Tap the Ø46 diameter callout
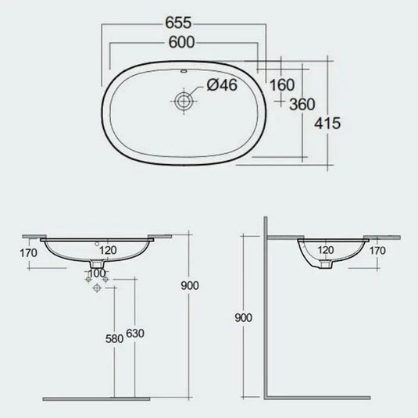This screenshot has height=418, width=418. click(x=220, y=88)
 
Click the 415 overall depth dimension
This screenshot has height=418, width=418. click(x=332, y=123)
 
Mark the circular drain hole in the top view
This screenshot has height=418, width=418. click(x=184, y=100)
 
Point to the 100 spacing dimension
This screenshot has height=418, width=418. click(x=95, y=273)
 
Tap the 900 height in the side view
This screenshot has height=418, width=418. click(x=245, y=318)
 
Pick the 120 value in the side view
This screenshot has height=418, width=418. click(x=326, y=252)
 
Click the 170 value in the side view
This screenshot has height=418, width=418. click(x=377, y=252)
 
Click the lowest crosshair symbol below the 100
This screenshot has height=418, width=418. click(x=96, y=289)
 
